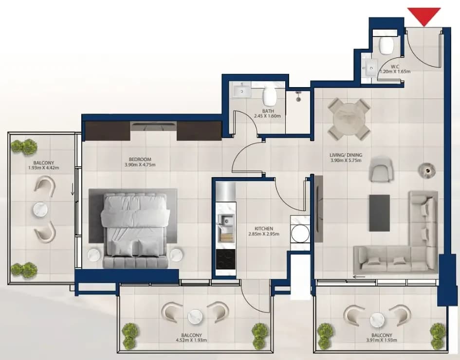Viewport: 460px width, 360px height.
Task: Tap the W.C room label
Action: click(395, 67)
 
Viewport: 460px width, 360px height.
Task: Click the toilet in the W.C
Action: click(386, 45)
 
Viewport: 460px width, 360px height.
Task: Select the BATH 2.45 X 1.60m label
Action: click(267, 113)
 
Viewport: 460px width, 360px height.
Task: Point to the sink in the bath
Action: click(242, 91)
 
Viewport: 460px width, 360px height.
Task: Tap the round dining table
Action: click(349, 120)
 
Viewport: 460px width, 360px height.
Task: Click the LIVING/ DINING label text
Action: click(346, 155)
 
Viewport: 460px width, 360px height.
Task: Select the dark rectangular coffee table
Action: click(380, 213)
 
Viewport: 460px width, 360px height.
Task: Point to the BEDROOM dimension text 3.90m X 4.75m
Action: click(140, 165)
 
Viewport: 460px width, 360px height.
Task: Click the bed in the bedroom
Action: click(135, 230)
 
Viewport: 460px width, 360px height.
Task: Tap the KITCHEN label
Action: click(264, 228)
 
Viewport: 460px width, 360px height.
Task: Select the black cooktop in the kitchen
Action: click(225, 259)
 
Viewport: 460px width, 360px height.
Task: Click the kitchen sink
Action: click(225, 220)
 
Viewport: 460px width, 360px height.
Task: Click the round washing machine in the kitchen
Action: click(300, 234)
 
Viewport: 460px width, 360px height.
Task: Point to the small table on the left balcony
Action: click(41, 210)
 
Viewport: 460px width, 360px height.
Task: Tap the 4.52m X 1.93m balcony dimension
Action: click(191, 341)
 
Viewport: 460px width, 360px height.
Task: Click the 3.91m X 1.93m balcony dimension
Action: click(381, 341)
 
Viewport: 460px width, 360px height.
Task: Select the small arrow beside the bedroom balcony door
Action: click(72, 191)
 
